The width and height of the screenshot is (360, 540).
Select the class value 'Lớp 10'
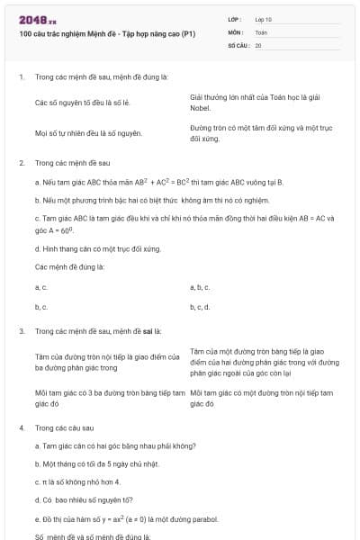[264, 18]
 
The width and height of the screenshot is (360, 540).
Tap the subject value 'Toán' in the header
[261, 31]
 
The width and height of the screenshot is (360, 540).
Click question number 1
[21, 77]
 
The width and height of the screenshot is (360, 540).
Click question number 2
[21, 163]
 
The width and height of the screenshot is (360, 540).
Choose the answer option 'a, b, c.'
[200, 286]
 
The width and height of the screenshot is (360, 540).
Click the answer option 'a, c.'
[40, 286]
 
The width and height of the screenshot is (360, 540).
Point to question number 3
[21, 331]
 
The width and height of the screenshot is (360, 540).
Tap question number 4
[21, 427]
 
